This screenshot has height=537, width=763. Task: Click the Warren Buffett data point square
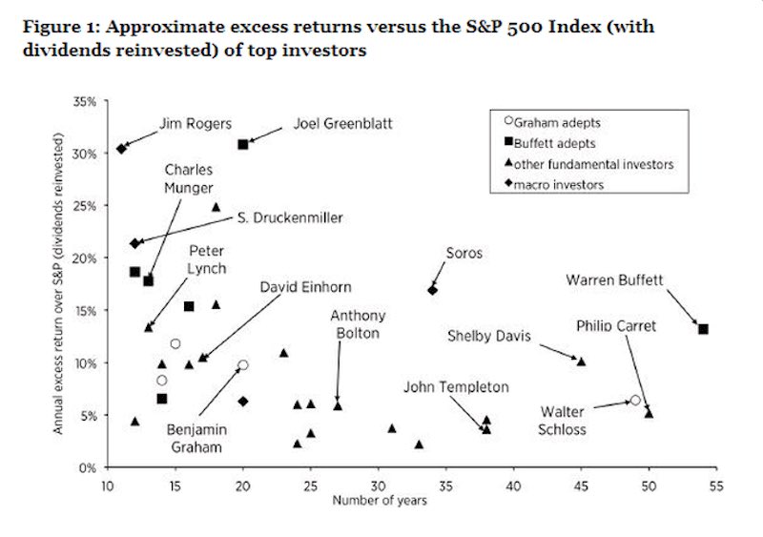(703, 329)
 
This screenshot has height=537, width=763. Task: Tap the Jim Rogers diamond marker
(121, 148)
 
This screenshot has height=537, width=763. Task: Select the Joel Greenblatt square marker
(243, 144)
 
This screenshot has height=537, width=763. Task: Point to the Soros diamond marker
(432, 290)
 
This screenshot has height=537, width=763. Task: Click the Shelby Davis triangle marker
(581, 361)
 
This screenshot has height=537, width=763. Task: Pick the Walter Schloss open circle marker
(635, 401)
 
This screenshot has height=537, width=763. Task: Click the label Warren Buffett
(614, 280)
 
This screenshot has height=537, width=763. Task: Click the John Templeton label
(456, 387)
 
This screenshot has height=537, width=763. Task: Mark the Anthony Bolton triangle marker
(338, 405)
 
